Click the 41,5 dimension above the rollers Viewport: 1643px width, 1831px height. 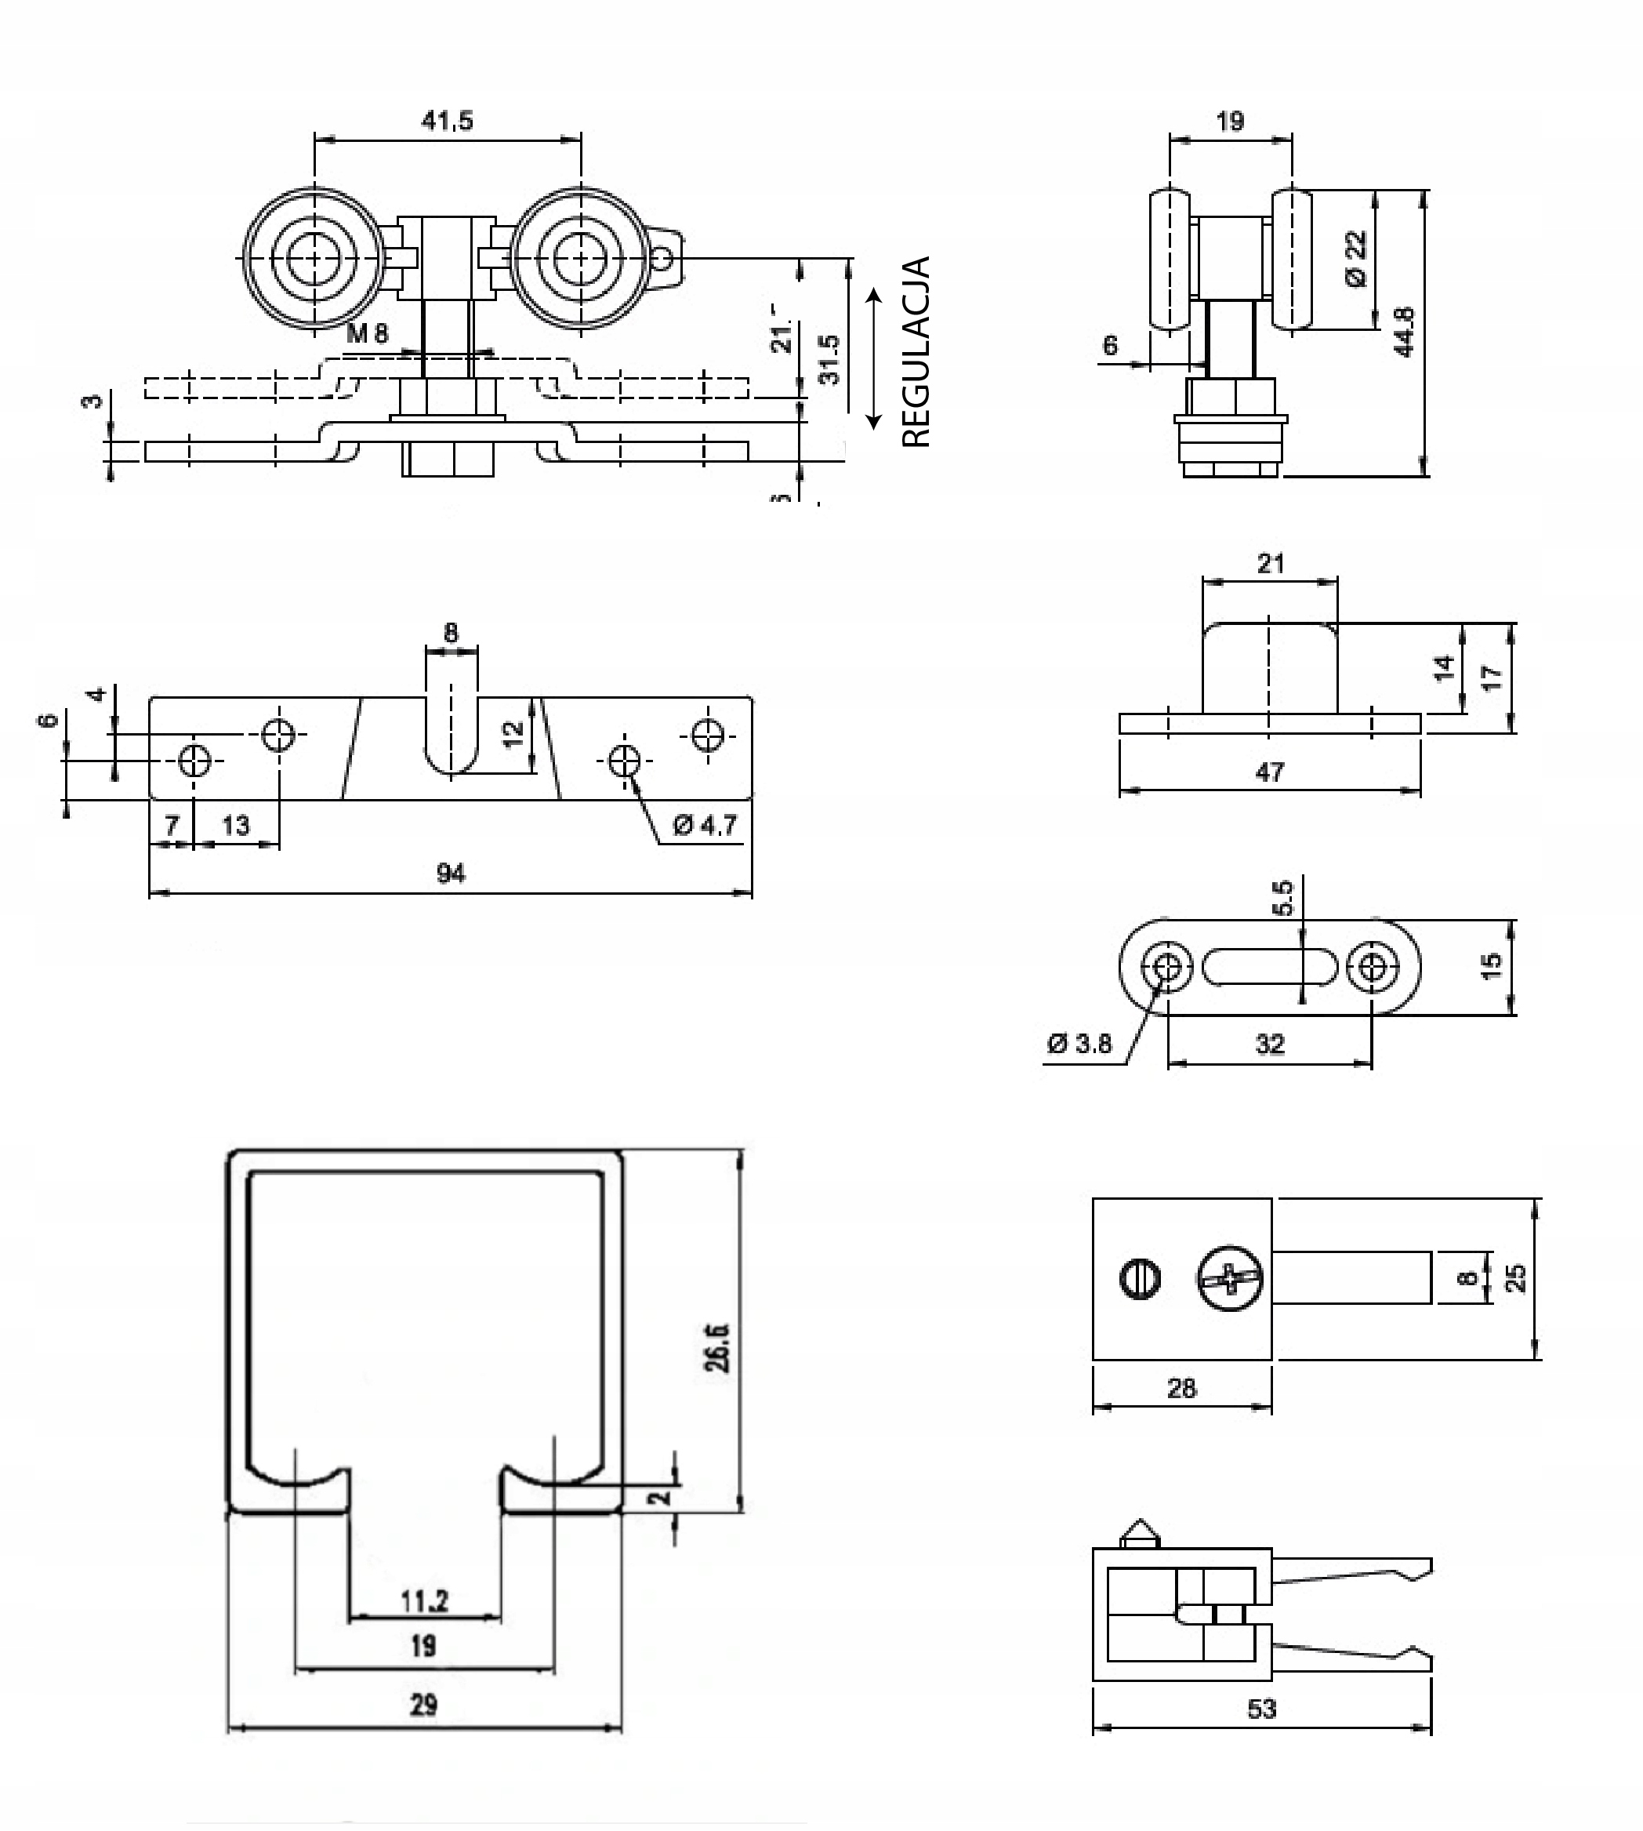(x=447, y=121)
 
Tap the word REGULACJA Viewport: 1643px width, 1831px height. (x=916, y=352)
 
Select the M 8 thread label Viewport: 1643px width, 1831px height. (x=368, y=333)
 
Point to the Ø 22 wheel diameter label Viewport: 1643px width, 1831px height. (x=1356, y=258)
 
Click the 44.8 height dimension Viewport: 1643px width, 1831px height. (x=1404, y=332)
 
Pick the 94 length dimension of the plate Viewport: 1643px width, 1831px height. (x=451, y=873)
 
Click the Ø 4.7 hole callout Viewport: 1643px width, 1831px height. (x=705, y=824)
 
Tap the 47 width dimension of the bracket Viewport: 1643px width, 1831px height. (x=1269, y=772)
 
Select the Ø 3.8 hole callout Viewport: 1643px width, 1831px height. (x=1079, y=1044)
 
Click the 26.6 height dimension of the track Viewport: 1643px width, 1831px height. (x=718, y=1347)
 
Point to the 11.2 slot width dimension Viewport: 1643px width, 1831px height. (x=424, y=1600)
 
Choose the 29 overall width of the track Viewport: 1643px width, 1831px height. (x=423, y=1705)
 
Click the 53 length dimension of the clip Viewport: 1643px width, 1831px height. (x=1261, y=1708)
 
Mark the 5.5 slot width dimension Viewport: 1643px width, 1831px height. (x=1282, y=899)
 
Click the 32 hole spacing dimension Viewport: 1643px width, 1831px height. (x=1269, y=1044)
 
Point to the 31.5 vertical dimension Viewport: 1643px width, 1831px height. (x=829, y=359)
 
